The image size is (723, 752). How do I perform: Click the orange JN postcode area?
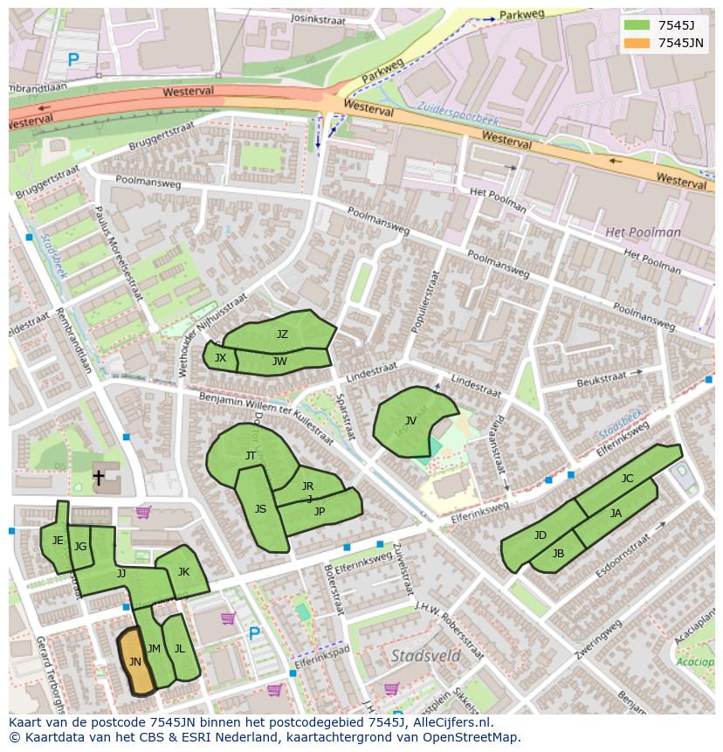(134, 663)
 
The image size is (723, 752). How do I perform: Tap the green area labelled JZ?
(281, 334)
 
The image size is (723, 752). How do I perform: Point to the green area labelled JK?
(183, 572)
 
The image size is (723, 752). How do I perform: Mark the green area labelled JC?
(627, 478)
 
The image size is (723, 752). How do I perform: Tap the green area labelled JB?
(558, 554)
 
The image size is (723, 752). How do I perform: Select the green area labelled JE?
(57, 542)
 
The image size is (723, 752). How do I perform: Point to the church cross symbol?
(99, 478)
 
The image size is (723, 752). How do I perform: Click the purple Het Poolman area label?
(643, 232)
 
